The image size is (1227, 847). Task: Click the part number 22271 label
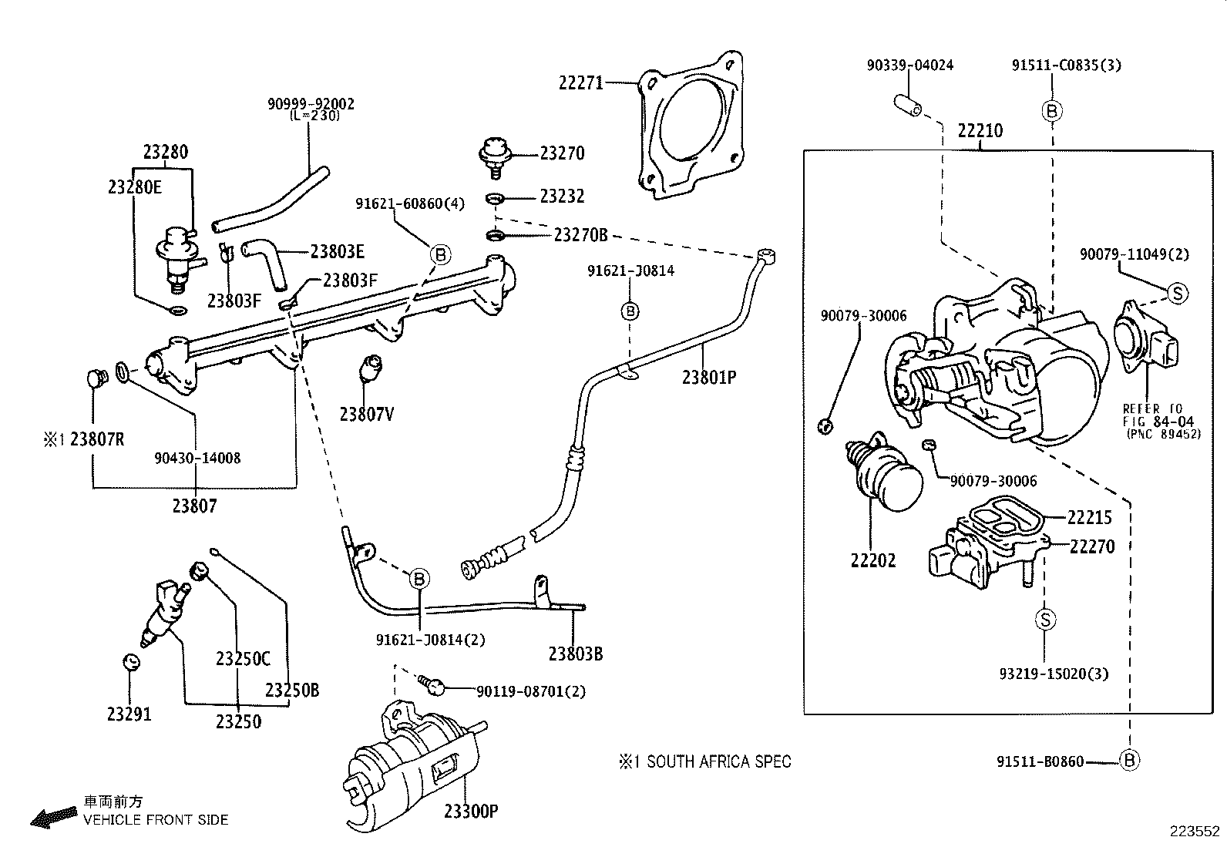click(x=581, y=82)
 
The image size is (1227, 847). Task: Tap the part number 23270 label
click(x=562, y=153)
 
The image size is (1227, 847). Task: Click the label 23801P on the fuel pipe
click(x=709, y=377)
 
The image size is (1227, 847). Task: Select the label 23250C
click(x=244, y=658)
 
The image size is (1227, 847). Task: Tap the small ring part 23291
click(x=130, y=661)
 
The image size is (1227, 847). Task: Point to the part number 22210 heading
click(x=980, y=130)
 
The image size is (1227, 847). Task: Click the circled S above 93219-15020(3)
click(x=1045, y=619)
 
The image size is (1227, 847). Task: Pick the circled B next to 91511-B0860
click(x=1129, y=761)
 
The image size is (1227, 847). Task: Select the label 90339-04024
click(x=909, y=66)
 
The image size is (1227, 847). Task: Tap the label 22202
click(x=873, y=560)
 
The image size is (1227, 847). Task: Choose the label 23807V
click(x=367, y=414)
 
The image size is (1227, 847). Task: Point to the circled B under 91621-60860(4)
click(x=439, y=254)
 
